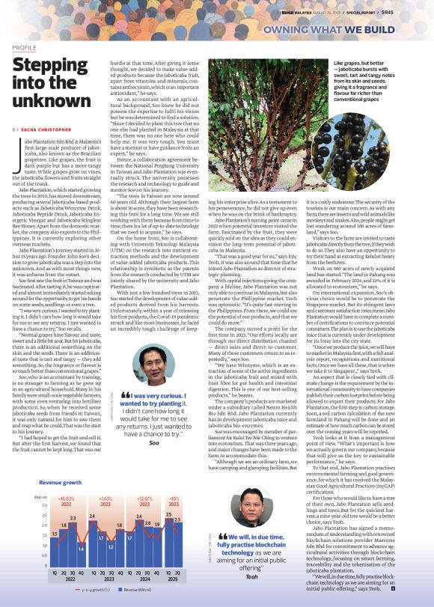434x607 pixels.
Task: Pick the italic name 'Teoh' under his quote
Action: [x=251, y=576]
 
